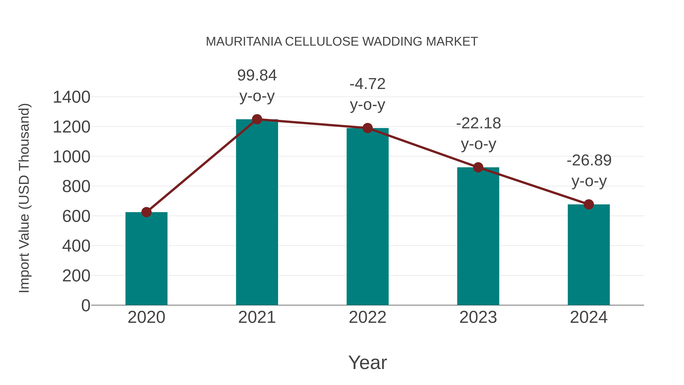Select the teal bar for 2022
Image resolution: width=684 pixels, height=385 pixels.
367,216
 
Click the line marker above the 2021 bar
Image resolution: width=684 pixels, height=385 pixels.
257,119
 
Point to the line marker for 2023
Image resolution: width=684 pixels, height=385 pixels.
478,167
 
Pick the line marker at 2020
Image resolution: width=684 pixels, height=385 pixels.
146,212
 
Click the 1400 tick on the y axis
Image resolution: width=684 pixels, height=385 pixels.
71,97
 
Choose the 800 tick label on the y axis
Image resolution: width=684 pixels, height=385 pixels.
76,187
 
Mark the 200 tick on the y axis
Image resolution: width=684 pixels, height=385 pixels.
76,276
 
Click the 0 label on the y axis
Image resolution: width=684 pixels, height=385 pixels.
85,306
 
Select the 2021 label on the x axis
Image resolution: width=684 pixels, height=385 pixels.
257,317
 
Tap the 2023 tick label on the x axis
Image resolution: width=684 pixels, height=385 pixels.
478,317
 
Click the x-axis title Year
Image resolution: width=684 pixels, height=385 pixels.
367,362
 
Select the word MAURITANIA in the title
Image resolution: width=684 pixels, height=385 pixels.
244,42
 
